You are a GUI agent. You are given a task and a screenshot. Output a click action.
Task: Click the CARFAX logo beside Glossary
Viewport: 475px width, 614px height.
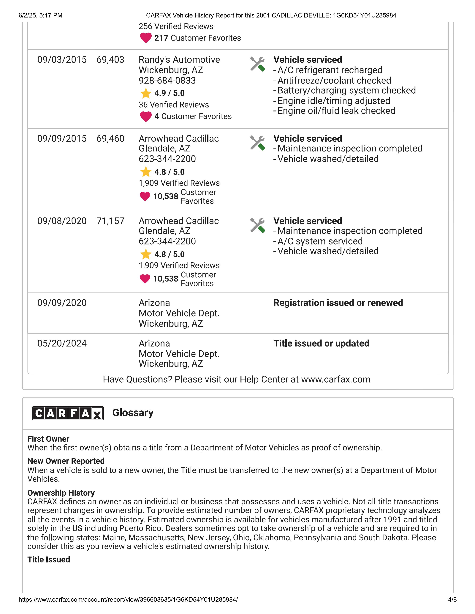(x=68, y=413)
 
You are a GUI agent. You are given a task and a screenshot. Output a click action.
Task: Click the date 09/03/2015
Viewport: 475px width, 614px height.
(x=62, y=60)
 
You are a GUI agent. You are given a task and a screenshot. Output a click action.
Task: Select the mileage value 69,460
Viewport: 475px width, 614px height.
(x=110, y=139)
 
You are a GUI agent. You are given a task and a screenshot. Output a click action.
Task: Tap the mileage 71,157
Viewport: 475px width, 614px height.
(x=110, y=221)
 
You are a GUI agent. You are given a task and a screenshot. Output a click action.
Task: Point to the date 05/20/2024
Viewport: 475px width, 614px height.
(x=62, y=343)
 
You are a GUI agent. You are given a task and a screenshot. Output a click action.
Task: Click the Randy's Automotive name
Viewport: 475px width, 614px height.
(x=179, y=60)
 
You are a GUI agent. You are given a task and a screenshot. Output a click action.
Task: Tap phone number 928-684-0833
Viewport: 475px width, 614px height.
(x=167, y=80)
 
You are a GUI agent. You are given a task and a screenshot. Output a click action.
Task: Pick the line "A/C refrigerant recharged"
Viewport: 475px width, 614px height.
(x=330, y=70)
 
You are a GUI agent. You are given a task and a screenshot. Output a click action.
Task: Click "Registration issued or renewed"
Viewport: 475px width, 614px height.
(x=338, y=303)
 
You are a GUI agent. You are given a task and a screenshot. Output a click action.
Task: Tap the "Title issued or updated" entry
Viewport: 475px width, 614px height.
(x=321, y=343)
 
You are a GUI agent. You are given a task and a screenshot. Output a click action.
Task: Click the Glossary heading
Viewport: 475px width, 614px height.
(x=133, y=413)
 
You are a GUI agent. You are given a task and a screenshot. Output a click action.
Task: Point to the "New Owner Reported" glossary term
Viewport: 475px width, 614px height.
(x=66, y=461)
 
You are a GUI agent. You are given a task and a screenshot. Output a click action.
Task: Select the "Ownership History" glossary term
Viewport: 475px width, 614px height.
(x=61, y=493)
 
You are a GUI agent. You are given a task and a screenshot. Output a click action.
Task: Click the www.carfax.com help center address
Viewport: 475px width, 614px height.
(x=337, y=380)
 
